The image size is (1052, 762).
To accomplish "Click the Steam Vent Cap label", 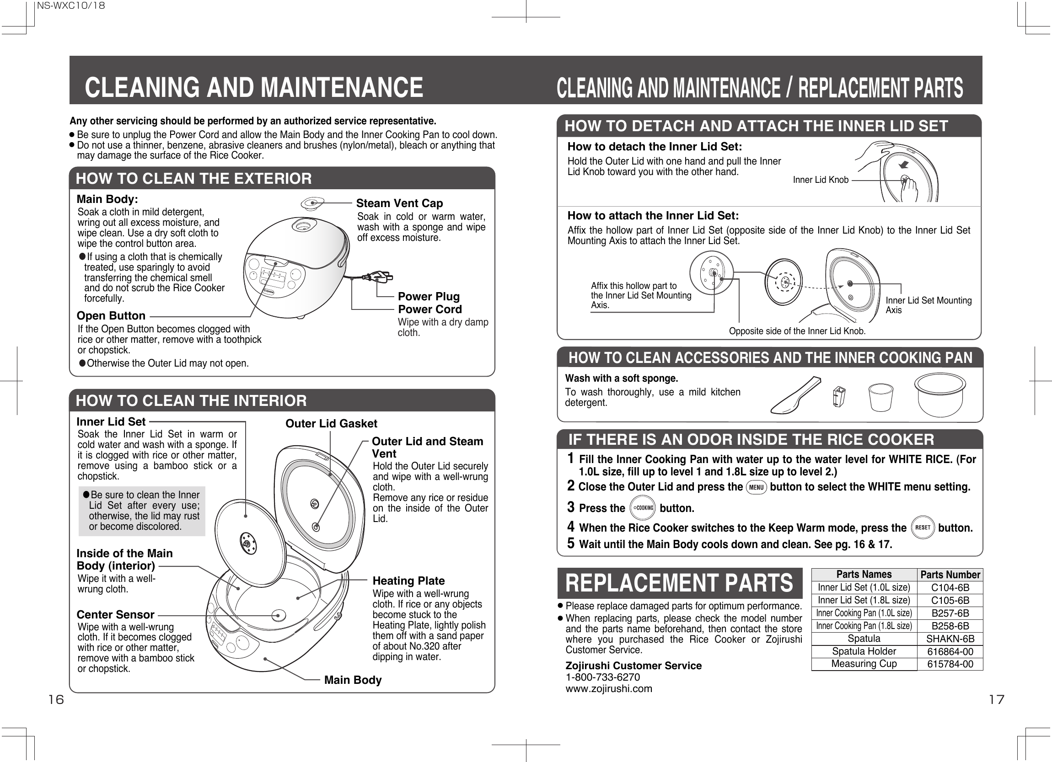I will pyautogui.click(x=399, y=203).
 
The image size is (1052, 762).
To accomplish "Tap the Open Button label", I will pyautogui.click(x=111, y=316).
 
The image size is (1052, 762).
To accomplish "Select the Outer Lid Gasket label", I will pyautogui.click(x=331, y=424).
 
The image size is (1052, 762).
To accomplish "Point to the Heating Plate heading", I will pyautogui.click(x=408, y=581).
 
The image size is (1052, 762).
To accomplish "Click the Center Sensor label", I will pyautogui.click(x=115, y=615).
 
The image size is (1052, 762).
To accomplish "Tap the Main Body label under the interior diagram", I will pyautogui.click(x=353, y=680).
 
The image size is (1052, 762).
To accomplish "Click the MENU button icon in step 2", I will pyautogui.click(x=757, y=487).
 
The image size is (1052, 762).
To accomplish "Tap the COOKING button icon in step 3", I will pyautogui.click(x=643, y=508).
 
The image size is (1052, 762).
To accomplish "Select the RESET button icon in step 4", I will pyautogui.click(x=923, y=528).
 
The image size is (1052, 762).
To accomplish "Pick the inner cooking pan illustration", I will pyautogui.click(x=940, y=394).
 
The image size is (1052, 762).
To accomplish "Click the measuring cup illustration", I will pyautogui.click(x=880, y=397).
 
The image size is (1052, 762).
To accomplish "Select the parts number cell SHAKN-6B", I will pyautogui.click(x=950, y=639).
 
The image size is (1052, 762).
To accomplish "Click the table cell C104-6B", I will pyautogui.click(x=950, y=588).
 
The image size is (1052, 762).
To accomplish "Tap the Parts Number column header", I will pyautogui.click(x=950, y=575).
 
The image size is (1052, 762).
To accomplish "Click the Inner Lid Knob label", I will pyautogui.click(x=820, y=180).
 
